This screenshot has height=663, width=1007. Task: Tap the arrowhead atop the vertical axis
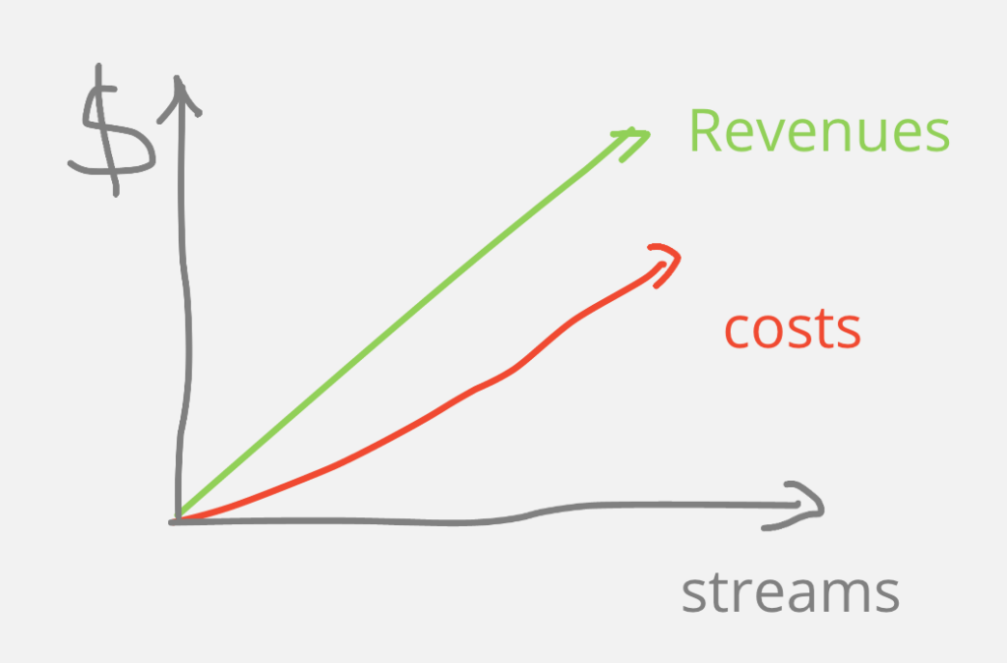point(179,97)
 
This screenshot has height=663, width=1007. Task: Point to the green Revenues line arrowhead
point(631,143)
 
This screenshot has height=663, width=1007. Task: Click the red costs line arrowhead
point(666,264)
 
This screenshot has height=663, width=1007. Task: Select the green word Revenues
point(819,131)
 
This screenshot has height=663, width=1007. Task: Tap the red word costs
point(793,329)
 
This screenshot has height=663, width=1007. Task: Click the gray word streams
point(790,593)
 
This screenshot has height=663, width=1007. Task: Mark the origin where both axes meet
point(178,520)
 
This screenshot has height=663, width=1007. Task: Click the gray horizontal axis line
point(495,519)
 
